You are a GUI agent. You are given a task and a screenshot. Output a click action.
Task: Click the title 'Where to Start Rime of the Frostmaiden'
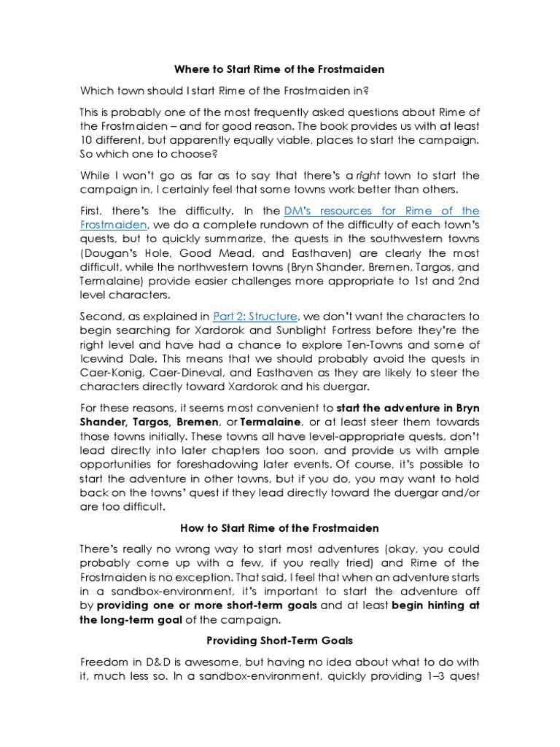tap(279, 69)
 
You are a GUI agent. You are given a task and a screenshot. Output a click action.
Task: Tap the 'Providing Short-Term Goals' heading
tap(279, 640)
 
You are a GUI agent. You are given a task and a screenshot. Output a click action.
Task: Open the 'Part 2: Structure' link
tap(254, 316)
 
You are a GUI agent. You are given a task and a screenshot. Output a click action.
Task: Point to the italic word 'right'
tap(368, 175)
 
